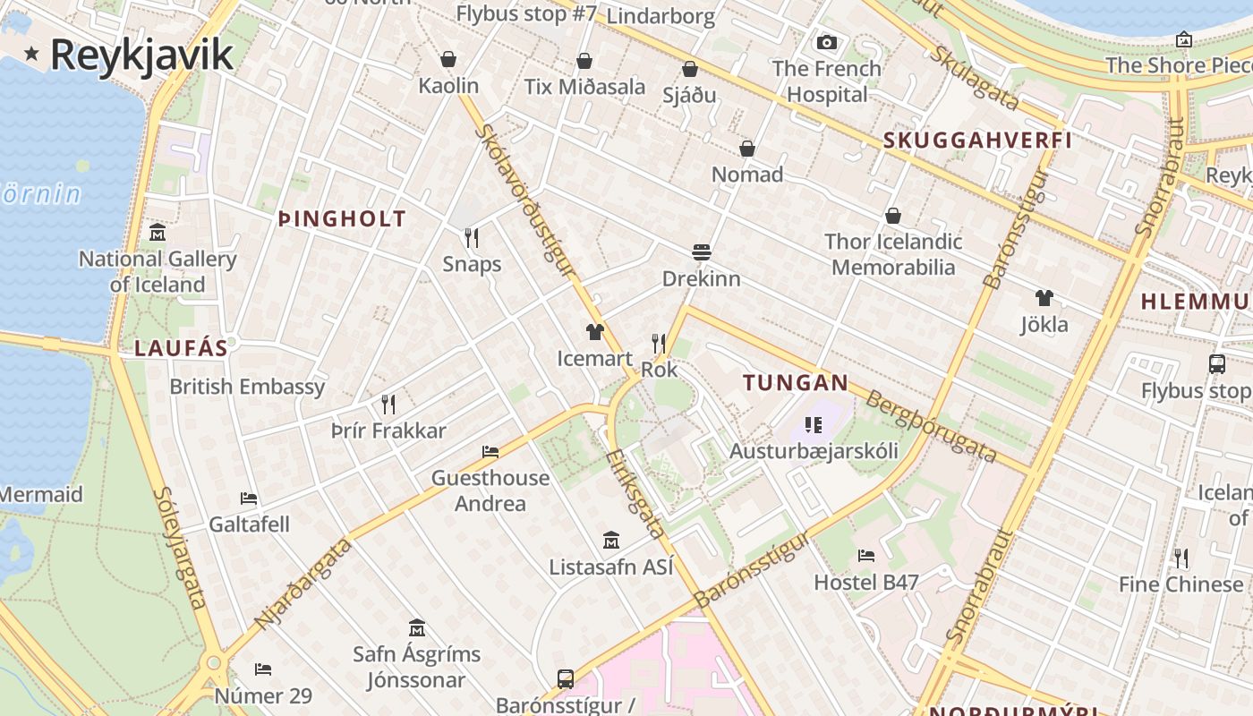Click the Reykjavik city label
[x=141, y=55]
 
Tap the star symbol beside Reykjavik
[x=32, y=54]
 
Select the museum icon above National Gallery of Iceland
[x=158, y=233]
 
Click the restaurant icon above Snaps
[x=472, y=238]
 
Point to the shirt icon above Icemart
[x=595, y=333]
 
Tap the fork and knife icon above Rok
[x=659, y=344]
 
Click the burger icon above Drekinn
[x=701, y=252]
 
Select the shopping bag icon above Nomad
[x=747, y=149]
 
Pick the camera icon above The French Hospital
[x=827, y=42]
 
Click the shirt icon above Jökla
[x=1044, y=298]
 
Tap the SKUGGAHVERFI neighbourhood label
[x=977, y=141]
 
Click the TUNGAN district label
[x=796, y=383]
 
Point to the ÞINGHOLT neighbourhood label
[x=342, y=219]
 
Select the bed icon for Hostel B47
[x=865, y=556]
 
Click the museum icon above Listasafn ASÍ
[x=611, y=541]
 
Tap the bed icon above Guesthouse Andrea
[x=490, y=451]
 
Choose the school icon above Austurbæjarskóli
[x=814, y=424]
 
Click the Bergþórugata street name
[x=931, y=427]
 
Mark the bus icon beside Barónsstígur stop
[x=566, y=679]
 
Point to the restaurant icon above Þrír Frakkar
[x=388, y=405]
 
